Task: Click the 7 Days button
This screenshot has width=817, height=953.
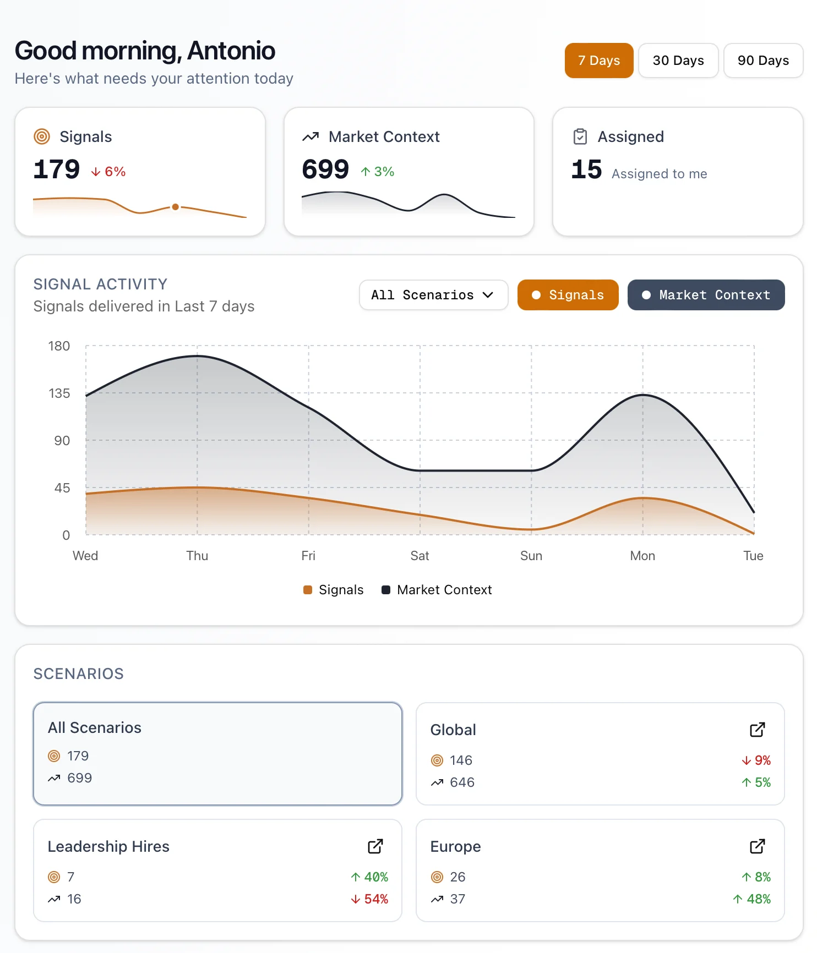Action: click(x=599, y=61)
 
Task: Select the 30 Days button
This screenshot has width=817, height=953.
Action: click(x=678, y=61)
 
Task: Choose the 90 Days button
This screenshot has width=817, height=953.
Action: click(x=763, y=61)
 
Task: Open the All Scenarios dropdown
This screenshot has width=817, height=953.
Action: click(x=433, y=295)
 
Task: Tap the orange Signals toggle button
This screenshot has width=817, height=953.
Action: click(x=568, y=295)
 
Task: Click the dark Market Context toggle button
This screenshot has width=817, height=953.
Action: click(x=706, y=295)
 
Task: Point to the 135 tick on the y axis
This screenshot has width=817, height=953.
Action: click(x=59, y=393)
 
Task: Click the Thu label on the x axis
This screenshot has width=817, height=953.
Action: click(x=197, y=556)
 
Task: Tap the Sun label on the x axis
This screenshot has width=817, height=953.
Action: click(x=531, y=556)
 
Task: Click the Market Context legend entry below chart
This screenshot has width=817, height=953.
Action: click(x=437, y=590)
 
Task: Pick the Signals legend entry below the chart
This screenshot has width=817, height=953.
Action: click(x=334, y=590)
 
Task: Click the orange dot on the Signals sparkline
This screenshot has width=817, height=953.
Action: click(x=175, y=207)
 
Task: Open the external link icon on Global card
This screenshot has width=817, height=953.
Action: click(x=758, y=730)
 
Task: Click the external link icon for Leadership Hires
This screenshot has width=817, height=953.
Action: click(x=375, y=846)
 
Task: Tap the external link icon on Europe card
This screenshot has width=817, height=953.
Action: click(x=758, y=846)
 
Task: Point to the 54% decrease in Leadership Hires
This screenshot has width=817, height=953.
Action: click(x=370, y=899)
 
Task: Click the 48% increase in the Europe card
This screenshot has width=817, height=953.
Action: click(x=752, y=899)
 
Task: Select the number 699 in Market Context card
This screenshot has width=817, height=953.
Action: click(x=325, y=169)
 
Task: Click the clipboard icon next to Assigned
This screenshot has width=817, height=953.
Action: click(x=580, y=136)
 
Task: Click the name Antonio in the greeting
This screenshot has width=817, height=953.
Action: click(x=231, y=51)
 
